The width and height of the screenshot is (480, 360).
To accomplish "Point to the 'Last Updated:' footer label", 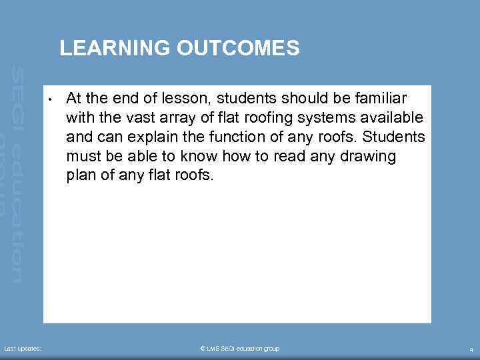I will (x=23, y=349).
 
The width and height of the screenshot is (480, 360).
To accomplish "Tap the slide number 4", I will (x=471, y=349).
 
